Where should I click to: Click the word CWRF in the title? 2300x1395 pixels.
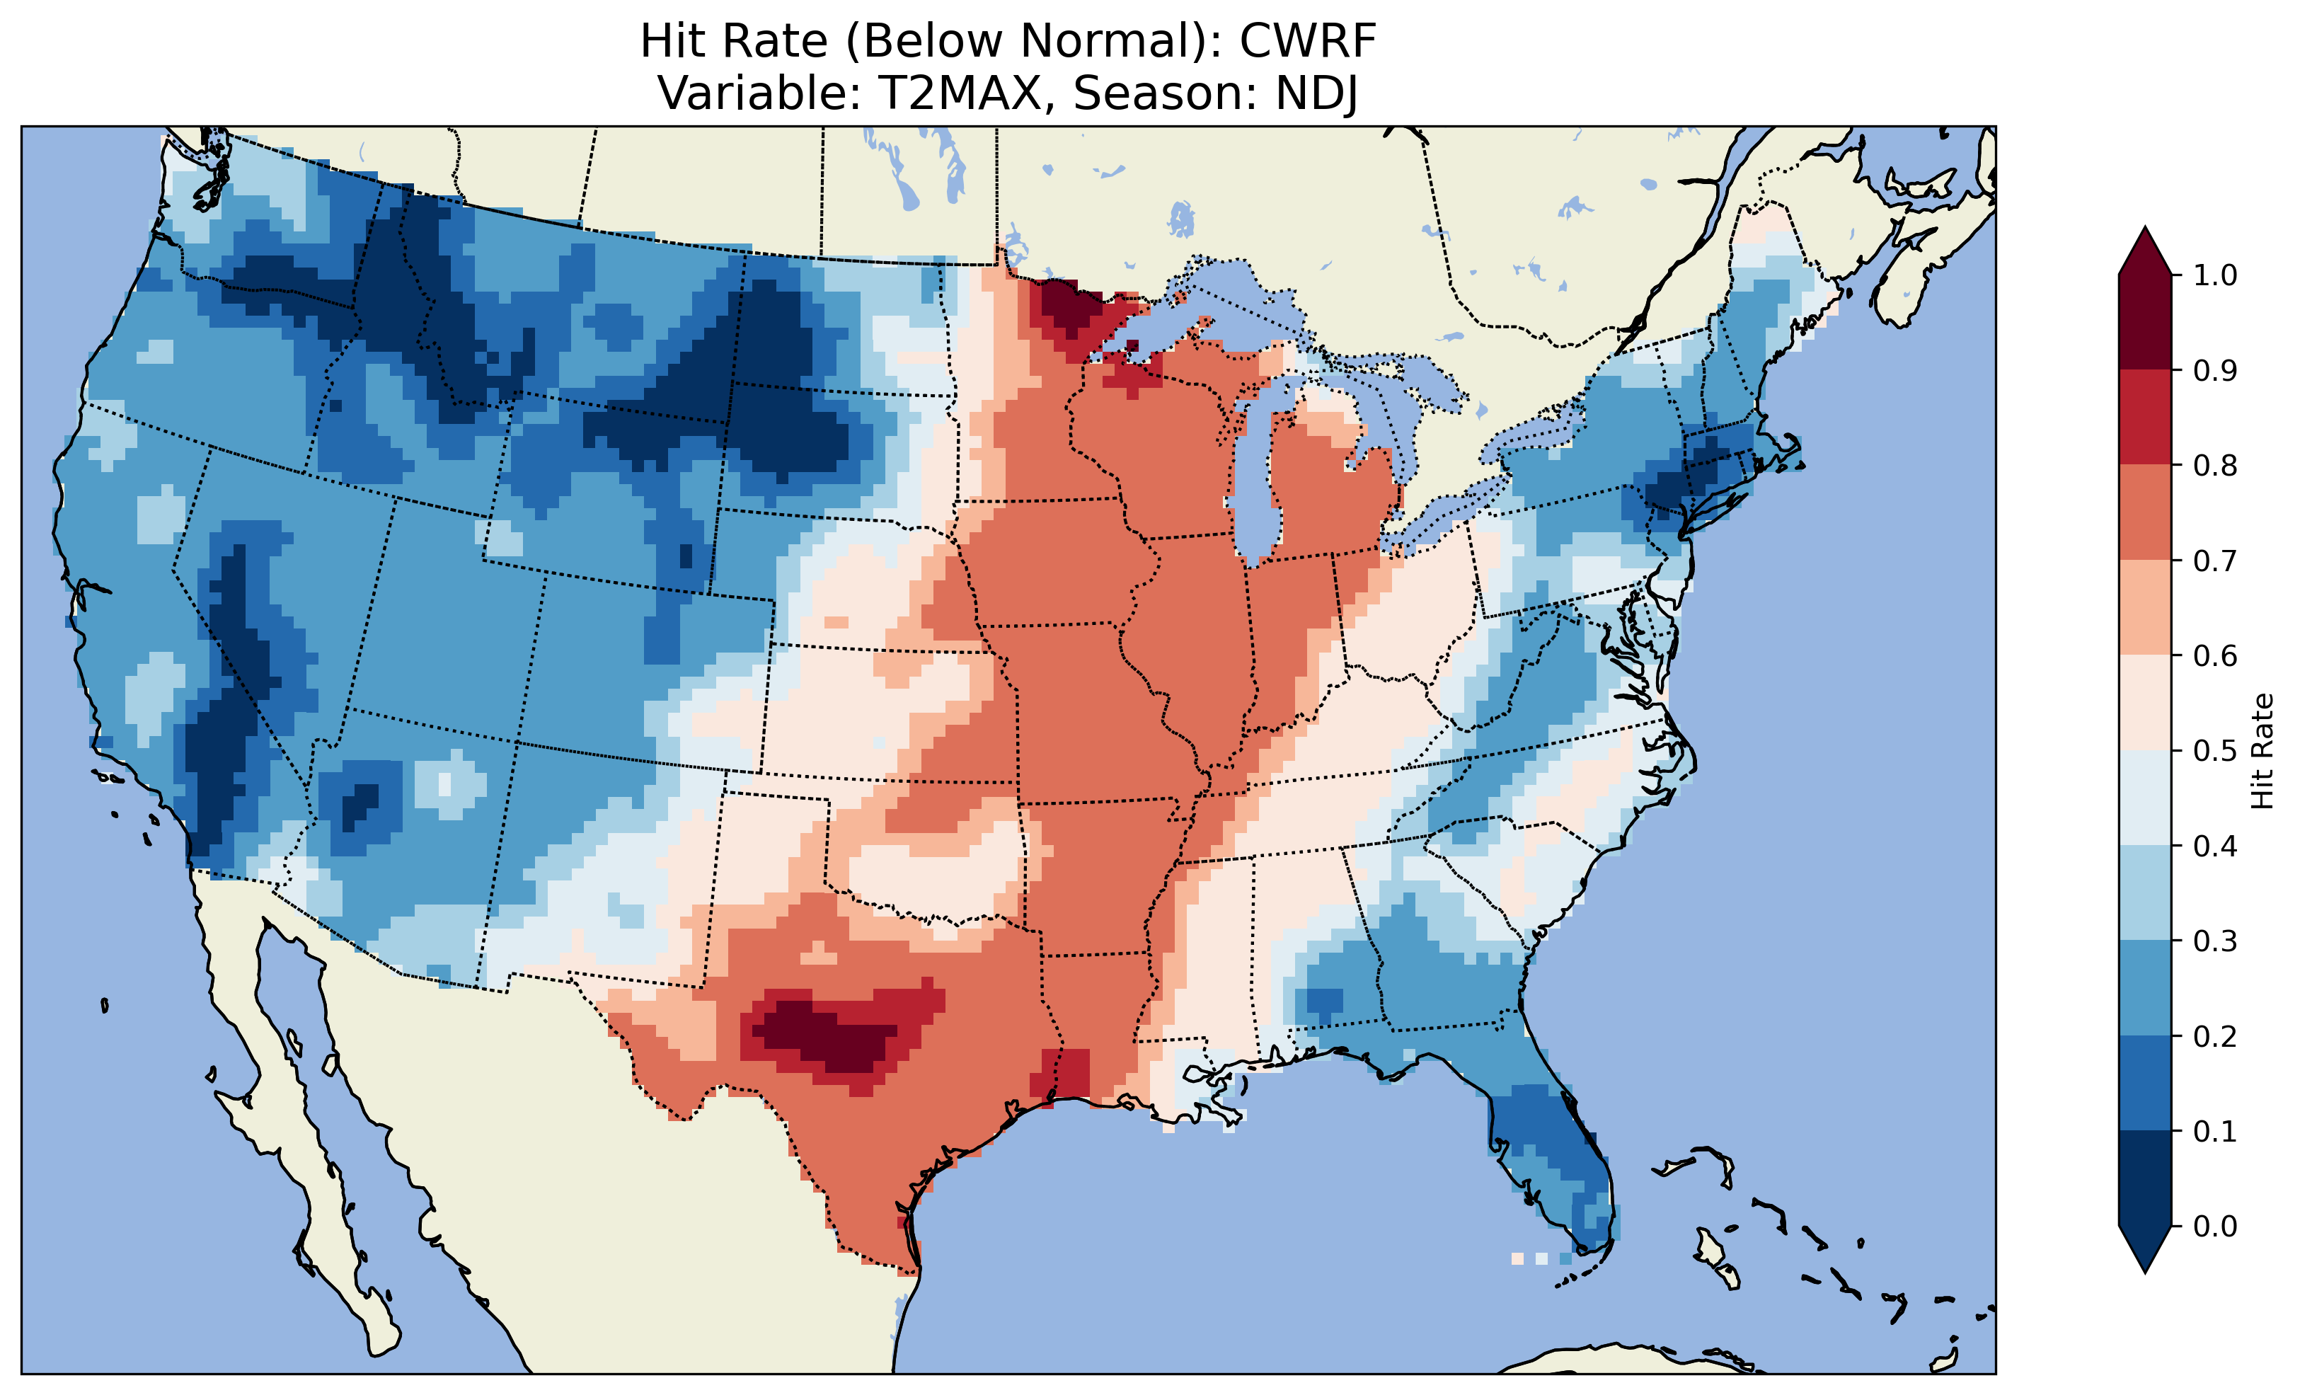[1308, 41]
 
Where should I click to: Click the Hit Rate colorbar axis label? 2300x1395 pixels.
[2262, 751]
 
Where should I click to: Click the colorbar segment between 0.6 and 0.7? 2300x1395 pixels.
[2145, 608]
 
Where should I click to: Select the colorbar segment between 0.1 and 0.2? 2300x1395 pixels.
[2145, 1083]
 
